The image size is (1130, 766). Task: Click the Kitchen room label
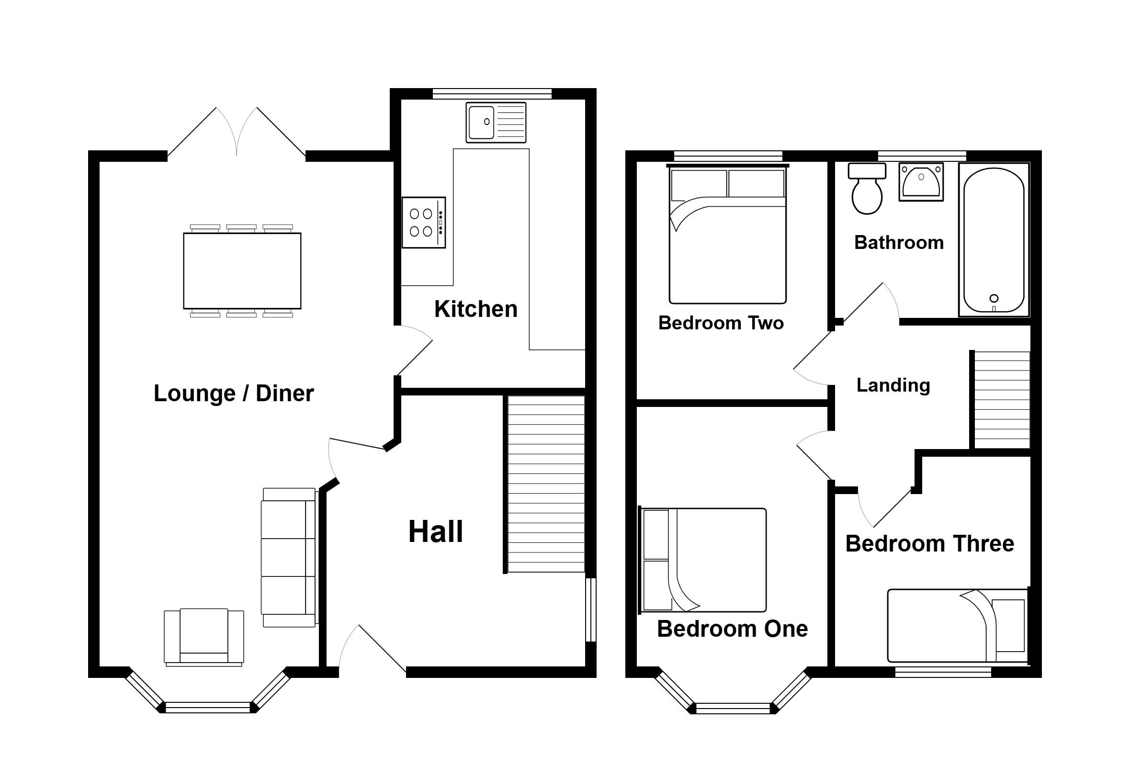475,309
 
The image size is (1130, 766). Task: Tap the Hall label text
436,531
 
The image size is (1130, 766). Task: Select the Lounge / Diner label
233,393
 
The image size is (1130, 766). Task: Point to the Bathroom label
899,242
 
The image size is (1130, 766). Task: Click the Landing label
893,385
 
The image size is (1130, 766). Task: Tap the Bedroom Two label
721,323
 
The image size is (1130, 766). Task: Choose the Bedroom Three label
930,543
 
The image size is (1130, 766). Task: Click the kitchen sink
496,123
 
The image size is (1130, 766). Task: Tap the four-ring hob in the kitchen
423,223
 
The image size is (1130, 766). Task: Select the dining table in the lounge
242,270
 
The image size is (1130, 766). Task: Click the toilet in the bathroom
867,189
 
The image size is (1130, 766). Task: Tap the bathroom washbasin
921,182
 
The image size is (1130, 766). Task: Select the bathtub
994,240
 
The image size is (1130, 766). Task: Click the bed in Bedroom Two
727,234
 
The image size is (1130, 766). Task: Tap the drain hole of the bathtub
994,298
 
